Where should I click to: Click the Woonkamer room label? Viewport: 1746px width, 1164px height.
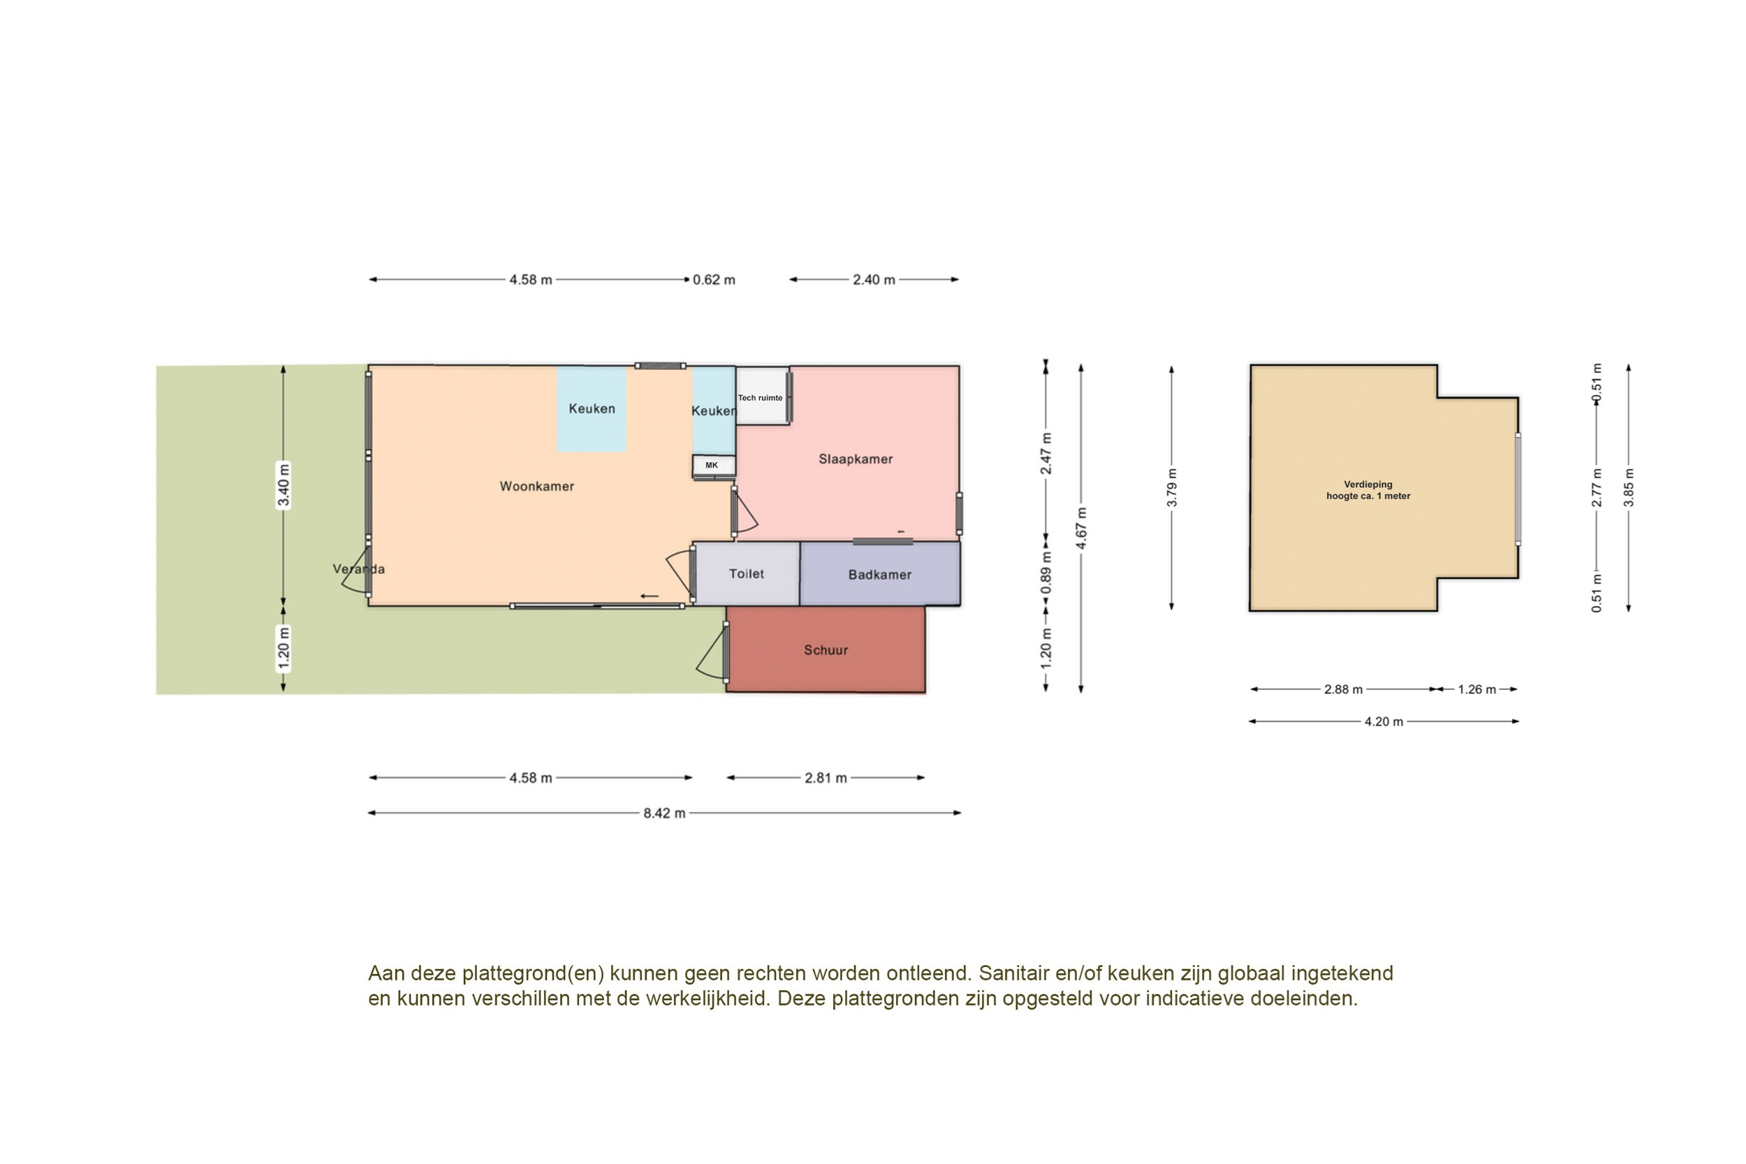[x=536, y=486]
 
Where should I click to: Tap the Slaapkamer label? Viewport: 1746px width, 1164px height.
[x=855, y=459]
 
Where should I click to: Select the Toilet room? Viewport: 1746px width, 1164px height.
[x=746, y=574]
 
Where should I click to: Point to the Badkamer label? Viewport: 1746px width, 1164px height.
[x=880, y=575]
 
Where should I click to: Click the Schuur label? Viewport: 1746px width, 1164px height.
[x=826, y=650]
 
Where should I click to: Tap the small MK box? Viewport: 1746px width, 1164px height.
[x=712, y=466]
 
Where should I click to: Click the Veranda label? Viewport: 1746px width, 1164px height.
[x=358, y=569]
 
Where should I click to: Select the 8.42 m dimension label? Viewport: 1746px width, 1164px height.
[x=663, y=813]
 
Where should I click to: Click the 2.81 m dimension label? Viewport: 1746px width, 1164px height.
[x=826, y=778]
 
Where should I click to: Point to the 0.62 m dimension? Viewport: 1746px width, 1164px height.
[x=714, y=280]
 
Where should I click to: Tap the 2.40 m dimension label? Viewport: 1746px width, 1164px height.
[x=874, y=280]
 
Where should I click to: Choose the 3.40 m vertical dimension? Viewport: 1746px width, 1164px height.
[x=283, y=485]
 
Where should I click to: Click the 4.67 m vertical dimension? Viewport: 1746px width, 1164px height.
[x=1082, y=529]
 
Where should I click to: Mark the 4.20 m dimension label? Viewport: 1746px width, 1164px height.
[x=1384, y=721]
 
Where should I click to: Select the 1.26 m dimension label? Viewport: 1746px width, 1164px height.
[x=1476, y=690]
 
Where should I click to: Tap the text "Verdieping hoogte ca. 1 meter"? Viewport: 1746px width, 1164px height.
[x=1368, y=490]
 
